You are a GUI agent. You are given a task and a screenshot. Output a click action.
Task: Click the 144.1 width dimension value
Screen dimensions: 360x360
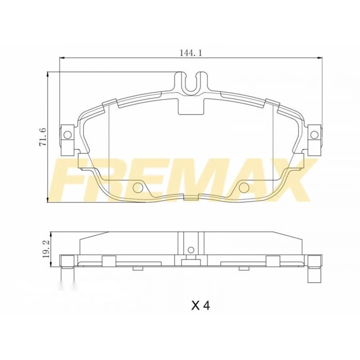(x=190, y=52)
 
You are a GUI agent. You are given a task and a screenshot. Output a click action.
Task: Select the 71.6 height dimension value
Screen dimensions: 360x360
(x=43, y=137)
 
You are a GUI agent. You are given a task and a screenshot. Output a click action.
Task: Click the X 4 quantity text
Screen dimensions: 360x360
(x=200, y=306)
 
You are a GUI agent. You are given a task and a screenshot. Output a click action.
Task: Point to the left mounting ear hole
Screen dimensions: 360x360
(x=67, y=135)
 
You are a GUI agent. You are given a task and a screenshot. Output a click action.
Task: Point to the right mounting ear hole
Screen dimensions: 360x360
(x=315, y=134)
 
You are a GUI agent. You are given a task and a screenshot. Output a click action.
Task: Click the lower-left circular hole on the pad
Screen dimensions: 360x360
(x=138, y=187)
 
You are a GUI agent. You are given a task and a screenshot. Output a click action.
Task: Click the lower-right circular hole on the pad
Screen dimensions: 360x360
(x=244, y=187)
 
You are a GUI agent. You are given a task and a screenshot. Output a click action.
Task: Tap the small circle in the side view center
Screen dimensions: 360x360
(x=191, y=250)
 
